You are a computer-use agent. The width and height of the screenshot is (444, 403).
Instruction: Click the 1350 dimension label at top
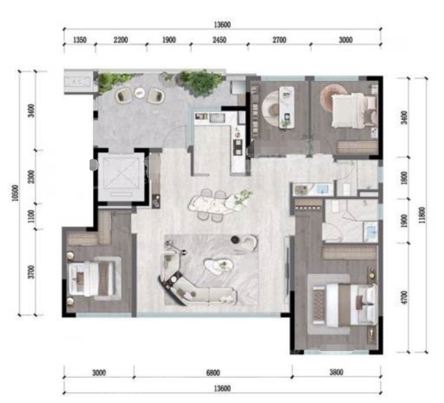[x=80, y=40]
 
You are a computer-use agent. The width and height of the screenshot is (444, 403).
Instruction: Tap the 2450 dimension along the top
[x=219, y=40]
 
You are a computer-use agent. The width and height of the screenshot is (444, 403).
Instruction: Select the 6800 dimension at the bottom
[x=213, y=373]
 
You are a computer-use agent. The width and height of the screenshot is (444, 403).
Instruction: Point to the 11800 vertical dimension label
[x=422, y=215]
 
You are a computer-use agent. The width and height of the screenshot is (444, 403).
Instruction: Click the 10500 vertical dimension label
[x=15, y=193]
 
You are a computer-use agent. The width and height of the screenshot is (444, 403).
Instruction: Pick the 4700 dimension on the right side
[x=404, y=298]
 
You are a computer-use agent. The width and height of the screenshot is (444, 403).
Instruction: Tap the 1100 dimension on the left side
[x=32, y=216]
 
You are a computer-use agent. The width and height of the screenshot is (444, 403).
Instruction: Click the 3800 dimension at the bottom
[x=337, y=372]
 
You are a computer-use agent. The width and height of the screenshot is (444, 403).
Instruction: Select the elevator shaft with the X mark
[x=121, y=177]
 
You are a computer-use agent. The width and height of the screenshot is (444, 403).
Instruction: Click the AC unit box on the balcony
[x=78, y=82]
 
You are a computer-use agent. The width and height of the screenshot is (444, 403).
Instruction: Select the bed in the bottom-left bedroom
[x=94, y=279]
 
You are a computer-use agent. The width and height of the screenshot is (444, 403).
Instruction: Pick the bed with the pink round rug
[x=354, y=111]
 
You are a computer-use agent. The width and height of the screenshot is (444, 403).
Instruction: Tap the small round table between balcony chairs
[x=139, y=92]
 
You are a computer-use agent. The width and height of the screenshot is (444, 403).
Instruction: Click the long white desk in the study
[x=287, y=107]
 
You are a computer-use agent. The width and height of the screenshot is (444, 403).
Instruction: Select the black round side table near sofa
[x=235, y=240]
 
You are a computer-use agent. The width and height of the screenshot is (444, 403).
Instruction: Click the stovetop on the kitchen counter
[x=238, y=147]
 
